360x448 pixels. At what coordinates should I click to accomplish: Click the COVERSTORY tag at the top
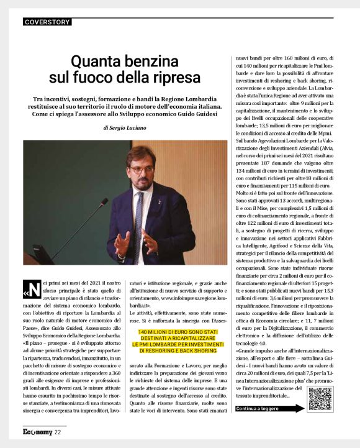48,22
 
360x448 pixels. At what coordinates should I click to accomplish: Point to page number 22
58,432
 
